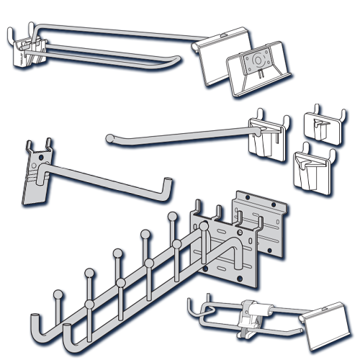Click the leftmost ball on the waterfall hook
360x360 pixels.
pos(58,294)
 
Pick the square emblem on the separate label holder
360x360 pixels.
pos(256,60)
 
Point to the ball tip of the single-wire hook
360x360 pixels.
pos(108,137)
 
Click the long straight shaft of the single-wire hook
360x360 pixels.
pos(180,130)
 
